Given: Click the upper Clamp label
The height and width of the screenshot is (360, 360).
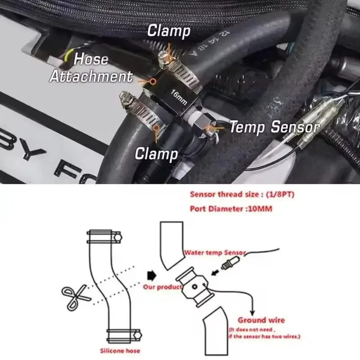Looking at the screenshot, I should click(169, 31).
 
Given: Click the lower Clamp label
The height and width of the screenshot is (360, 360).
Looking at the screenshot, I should click(157, 154).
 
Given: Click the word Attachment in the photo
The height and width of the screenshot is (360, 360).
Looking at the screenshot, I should click(90, 76).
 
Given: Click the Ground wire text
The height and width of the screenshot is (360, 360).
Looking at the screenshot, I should click(261, 320).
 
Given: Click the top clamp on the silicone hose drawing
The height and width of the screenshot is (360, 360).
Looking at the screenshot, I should click(104, 234).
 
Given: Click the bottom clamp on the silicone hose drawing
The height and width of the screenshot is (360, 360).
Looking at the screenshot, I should click(123, 336).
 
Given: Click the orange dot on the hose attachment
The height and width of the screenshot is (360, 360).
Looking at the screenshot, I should click(153, 81).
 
